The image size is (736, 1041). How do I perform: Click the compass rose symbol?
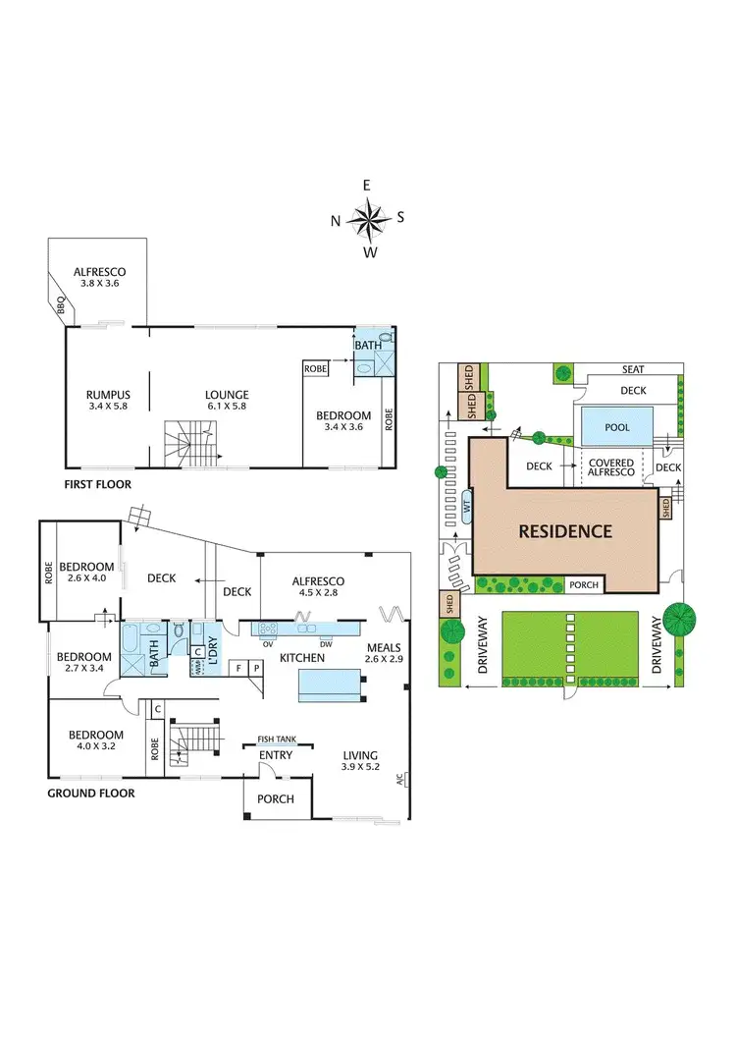point(368,218)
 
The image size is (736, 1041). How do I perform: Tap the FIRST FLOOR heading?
point(98,484)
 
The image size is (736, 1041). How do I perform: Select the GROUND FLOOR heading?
point(91,793)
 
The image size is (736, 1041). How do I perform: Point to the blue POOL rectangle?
point(617,427)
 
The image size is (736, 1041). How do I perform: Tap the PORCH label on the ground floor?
point(276,798)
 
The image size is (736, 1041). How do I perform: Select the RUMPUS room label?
point(109,396)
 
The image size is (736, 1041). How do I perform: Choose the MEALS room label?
point(384,648)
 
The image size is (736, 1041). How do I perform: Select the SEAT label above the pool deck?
point(629,369)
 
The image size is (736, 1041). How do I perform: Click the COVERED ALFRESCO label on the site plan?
point(611,467)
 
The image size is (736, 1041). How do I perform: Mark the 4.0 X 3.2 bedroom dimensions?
point(95,747)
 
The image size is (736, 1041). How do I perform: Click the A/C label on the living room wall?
point(399,780)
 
